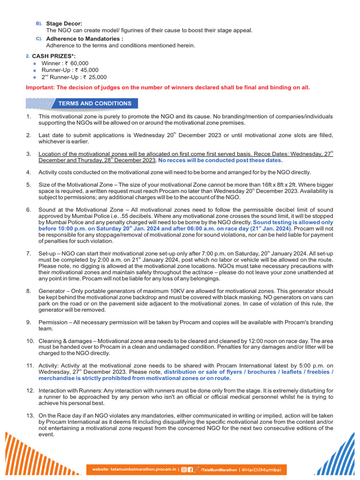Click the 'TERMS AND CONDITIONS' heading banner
(x=94, y=103)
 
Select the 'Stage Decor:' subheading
(x=64, y=23)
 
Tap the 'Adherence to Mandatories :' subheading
(x=84, y=38)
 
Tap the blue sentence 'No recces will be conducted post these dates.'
(x=220, y=160)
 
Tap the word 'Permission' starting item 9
(x=53, y=322)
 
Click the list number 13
(x=29, y=415)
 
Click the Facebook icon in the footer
(x=190, y=469)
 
